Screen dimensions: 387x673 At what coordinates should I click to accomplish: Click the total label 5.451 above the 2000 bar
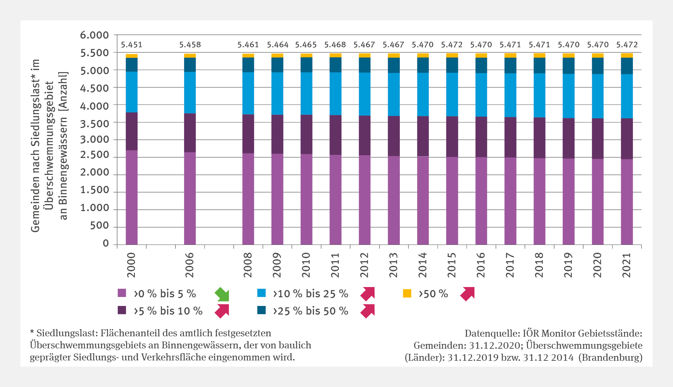(132, 45)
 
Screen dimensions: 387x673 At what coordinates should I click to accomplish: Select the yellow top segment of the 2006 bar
(190, 56)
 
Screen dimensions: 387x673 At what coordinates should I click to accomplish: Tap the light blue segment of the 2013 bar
(394, 94)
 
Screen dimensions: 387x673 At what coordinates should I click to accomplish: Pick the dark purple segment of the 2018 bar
(539, 138)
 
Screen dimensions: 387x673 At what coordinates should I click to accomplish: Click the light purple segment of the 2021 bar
(627, 202)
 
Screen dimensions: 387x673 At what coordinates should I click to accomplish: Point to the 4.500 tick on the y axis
(94, 88)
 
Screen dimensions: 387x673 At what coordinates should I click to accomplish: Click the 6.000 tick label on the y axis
(94, 35)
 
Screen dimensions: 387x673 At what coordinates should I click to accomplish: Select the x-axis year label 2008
(248, 265)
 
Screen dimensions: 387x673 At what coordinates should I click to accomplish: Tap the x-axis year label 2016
(481, 265)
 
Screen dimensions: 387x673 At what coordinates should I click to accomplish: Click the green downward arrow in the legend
(222, 294)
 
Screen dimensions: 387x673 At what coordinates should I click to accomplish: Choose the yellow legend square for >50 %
(407, 294)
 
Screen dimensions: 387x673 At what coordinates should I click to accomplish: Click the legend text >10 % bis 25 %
(310, 294)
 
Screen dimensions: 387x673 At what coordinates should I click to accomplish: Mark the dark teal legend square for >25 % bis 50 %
(261, 310)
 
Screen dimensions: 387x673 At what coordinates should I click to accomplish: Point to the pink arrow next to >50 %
(468, 294)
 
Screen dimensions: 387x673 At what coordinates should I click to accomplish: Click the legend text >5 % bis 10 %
(168, 311)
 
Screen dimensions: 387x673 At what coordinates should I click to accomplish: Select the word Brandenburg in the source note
(612, 357)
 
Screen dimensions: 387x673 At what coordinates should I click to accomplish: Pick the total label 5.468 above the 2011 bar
(335, 45)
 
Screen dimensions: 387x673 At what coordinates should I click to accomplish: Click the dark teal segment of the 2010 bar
(306, 64)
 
